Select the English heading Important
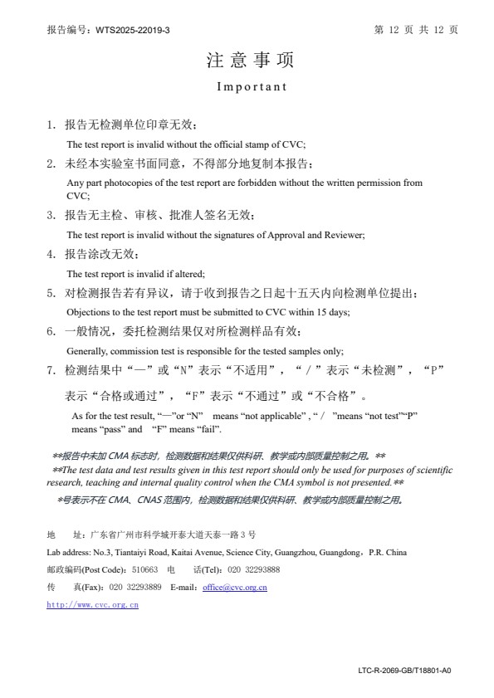(252, 86)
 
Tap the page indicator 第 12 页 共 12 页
(417, 30)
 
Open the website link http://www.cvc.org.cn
(93, 604)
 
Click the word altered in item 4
(188, 274)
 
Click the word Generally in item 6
(86, 350)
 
